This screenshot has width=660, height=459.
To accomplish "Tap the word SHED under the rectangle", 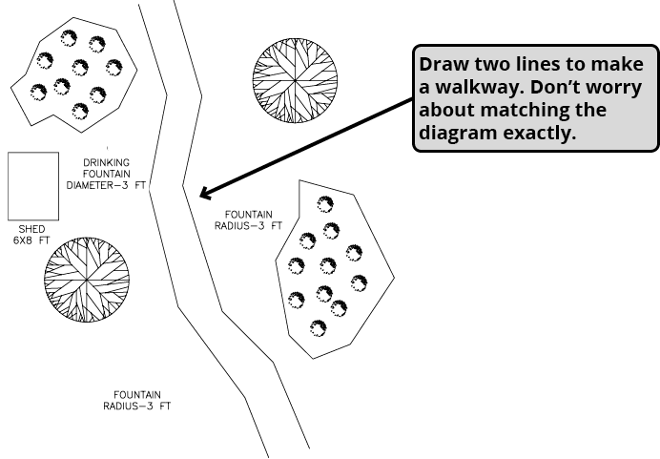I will tap(31, 229).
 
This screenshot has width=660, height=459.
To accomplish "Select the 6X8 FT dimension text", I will tap(31, 240).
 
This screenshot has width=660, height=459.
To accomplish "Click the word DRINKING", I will tap(106, 163).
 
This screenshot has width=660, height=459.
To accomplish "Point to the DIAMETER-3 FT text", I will tap(106, 185).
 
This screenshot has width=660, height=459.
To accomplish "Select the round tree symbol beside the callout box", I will tap(297, 81).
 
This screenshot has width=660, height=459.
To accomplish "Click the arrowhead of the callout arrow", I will tap(204, 194).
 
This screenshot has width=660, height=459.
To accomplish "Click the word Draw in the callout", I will tap(443, 65).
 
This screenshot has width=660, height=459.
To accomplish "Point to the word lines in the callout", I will tap(544, 65).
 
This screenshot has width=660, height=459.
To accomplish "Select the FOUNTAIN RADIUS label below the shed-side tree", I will tap(137, 400).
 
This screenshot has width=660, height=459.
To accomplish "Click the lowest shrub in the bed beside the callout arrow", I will tap(317, 328).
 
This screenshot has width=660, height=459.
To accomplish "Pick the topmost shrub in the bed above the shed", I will tap(69, 38).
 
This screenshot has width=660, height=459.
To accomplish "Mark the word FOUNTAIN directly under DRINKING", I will tap(106, 174).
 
